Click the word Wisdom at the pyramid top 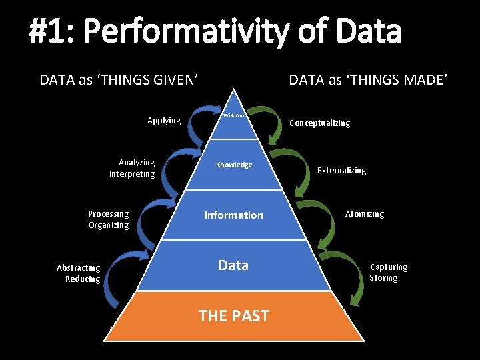[233, 115]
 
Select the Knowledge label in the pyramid [234, 165]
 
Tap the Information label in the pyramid [233, 215]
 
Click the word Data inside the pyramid [233, 265]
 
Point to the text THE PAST [234, 315]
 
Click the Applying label [164, 121]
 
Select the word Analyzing [137, 163]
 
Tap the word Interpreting [132, 174]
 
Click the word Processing [109, 214]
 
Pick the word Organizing [109, 225]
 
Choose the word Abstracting [79, 268]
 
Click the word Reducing [83, 279]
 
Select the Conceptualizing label [319, 123]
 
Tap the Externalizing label [342, 171]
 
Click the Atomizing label [365, 214]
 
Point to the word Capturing [389, 267]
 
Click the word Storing [383, 278]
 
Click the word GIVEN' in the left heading [175, 81]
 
